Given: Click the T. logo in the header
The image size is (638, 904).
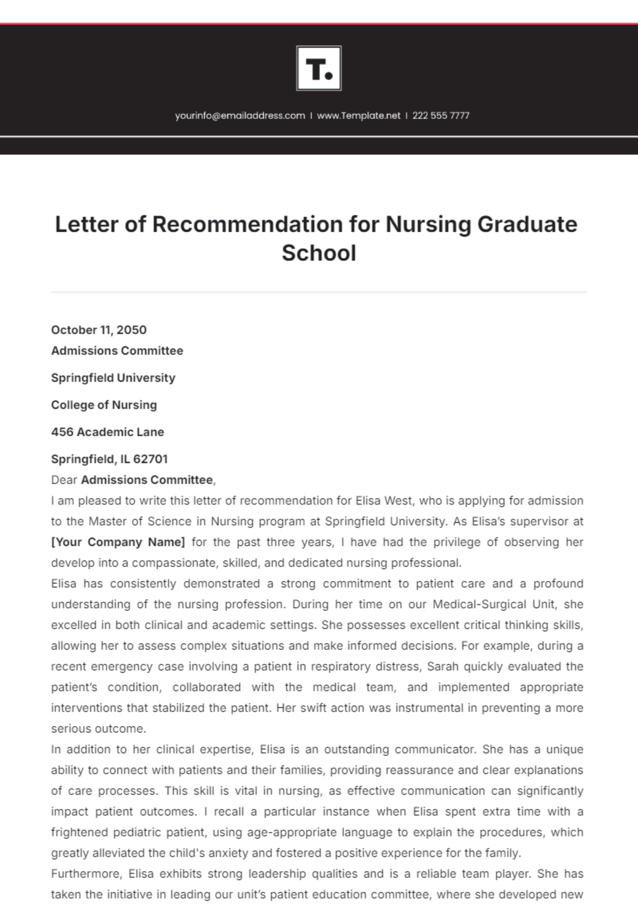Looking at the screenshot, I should pos(319,68).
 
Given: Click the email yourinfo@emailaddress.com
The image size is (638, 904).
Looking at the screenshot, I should pos(240,115).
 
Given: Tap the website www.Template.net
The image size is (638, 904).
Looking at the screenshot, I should pos(358,115).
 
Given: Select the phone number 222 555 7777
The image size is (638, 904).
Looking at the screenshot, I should pos(441,115).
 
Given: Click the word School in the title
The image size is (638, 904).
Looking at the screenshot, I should pos(319,253).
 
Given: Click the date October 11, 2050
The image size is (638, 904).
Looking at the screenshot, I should pos(99,330).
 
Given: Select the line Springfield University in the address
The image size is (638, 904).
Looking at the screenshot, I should pos(113,378).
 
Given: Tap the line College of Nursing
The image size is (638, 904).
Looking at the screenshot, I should pos(104,405).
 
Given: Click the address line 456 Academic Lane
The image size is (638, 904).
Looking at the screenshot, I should pos(107,432).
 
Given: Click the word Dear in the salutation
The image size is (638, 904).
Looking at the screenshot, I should pos(64,480).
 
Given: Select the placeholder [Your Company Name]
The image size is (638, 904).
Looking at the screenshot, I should pos(118,542).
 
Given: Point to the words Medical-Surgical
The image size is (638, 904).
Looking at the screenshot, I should pos(473,604).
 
